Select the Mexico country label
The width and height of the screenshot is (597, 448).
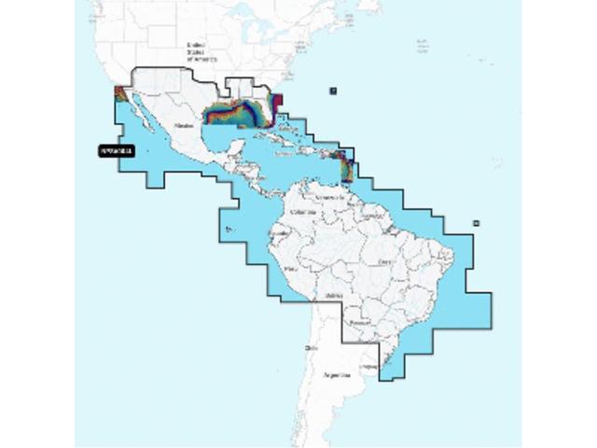point(184,123)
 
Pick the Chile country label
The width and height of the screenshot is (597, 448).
point(311,347)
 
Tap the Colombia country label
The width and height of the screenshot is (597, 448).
point(304,212)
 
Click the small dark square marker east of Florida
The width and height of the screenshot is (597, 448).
point(333,91)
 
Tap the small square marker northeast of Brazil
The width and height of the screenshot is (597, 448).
point(476,222)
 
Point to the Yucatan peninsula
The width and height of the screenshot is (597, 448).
point(223,141)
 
